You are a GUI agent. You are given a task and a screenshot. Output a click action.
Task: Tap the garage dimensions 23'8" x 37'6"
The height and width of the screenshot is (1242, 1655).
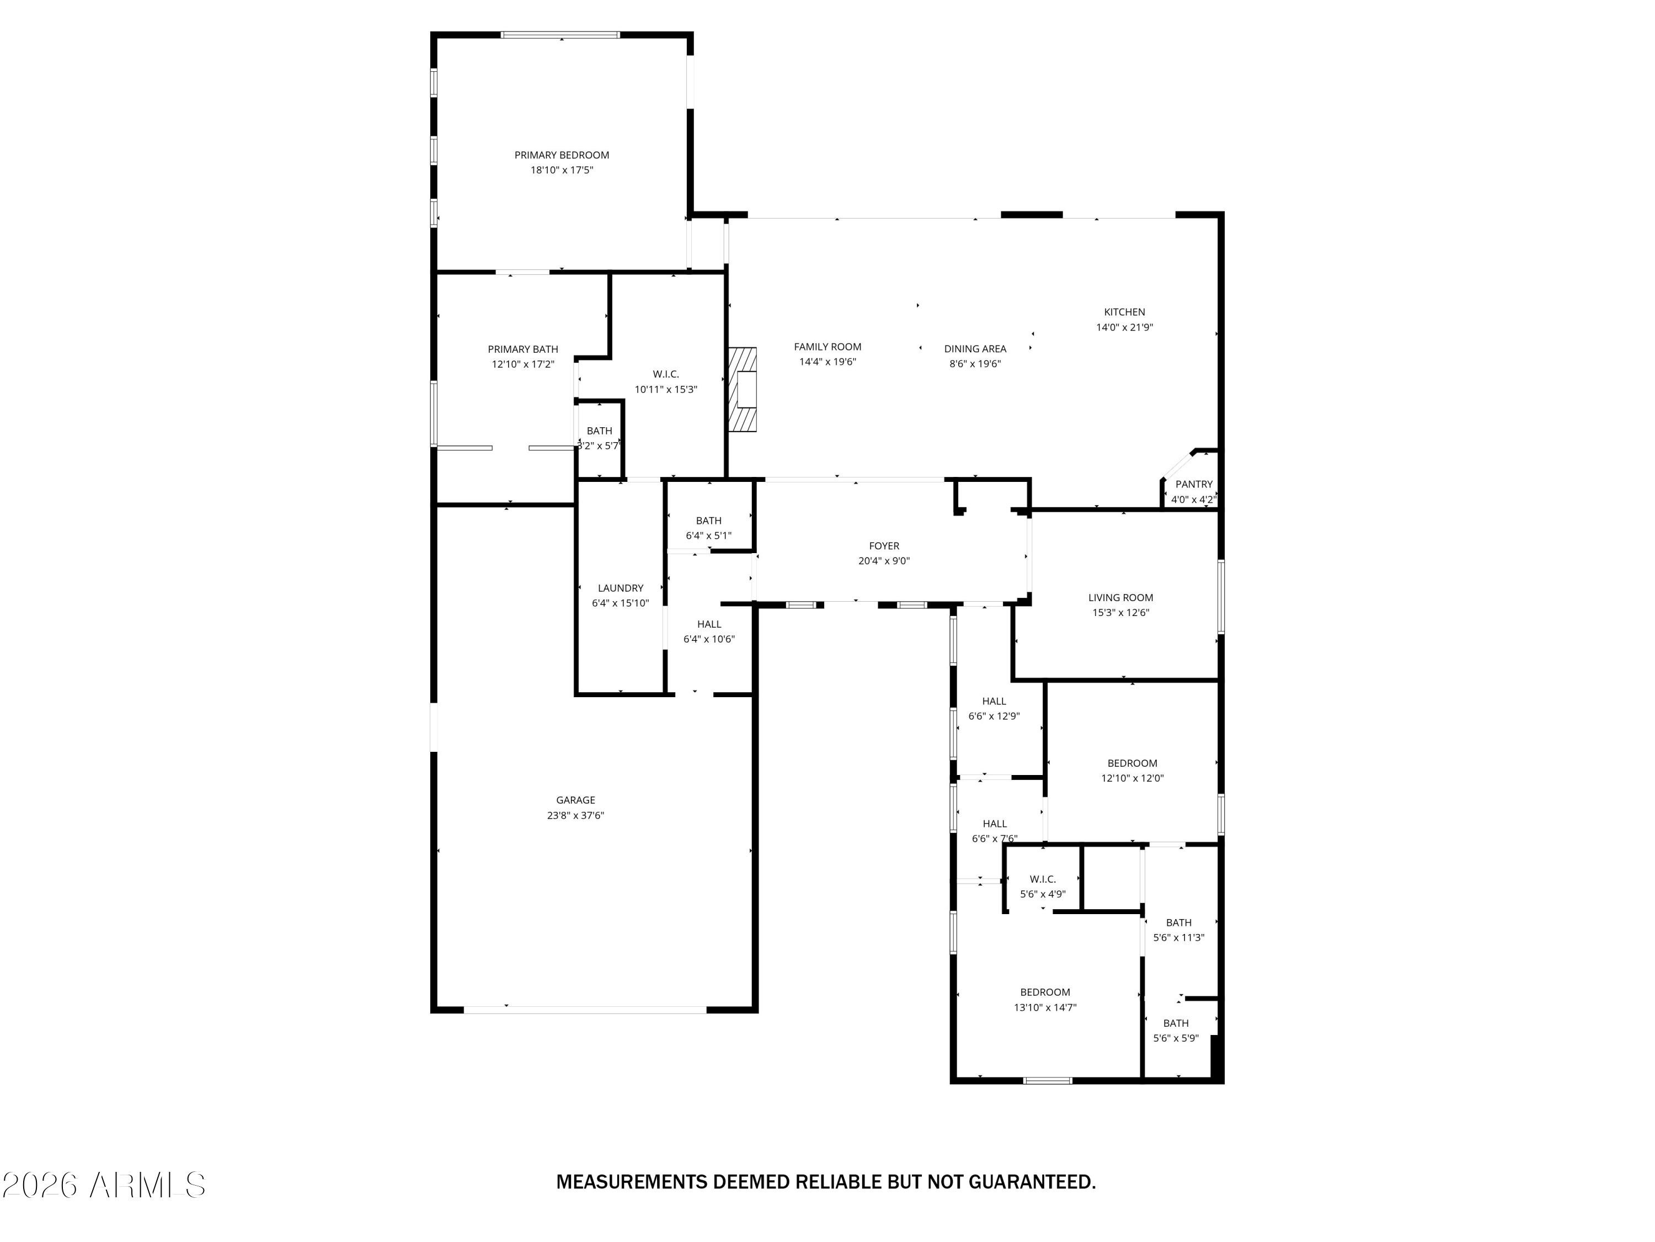pos(575,815)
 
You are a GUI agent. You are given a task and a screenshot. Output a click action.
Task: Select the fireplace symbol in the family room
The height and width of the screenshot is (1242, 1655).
pos(744,389)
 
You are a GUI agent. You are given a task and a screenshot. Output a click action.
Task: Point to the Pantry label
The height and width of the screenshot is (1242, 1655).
pos(1193,484)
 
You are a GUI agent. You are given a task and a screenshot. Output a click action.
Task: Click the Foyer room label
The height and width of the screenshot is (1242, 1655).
pos(884,546)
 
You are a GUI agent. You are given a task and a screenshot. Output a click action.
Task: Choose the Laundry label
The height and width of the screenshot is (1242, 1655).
pos(620,588)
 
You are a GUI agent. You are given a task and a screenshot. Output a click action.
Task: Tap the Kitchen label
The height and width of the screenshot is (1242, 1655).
pos(1124,312)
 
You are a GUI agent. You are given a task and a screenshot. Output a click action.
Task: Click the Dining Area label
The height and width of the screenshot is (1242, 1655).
pos(974,349)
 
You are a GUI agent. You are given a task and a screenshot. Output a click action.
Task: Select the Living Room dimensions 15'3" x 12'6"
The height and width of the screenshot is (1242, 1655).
pos(1120,612)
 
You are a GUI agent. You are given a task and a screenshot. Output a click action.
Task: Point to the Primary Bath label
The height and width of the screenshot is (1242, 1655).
pos(522,349)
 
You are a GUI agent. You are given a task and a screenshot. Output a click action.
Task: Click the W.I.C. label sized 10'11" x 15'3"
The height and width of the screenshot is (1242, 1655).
pos(665,374)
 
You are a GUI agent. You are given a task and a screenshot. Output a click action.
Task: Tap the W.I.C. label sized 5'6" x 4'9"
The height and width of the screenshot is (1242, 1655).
pos(1042,879)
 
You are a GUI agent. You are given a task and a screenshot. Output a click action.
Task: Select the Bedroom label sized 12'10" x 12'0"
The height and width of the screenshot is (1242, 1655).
pos(1132,763)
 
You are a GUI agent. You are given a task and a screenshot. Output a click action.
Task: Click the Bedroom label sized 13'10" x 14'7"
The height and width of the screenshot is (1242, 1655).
pos(1044,992)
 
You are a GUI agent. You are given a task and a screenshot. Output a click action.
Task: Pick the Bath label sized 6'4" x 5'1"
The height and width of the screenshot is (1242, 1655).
pos(708,521)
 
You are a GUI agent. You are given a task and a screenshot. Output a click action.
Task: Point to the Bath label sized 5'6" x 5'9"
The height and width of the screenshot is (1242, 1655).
pos(1176,1023)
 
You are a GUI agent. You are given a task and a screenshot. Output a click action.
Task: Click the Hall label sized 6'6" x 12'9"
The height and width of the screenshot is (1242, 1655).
pos(994,700)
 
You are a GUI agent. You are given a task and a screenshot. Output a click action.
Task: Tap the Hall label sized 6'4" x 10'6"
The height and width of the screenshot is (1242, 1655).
pos(708,624)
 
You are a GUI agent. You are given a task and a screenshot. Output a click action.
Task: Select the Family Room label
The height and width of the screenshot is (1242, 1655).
pos(827,347)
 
